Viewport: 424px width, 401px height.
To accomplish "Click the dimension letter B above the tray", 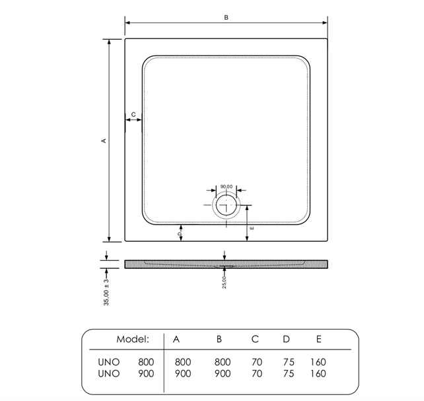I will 226,18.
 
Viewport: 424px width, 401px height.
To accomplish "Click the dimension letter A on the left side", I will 103,141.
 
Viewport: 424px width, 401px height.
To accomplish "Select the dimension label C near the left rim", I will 133,115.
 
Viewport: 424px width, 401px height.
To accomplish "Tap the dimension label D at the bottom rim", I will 179,233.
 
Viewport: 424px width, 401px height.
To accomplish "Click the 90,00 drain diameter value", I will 226,187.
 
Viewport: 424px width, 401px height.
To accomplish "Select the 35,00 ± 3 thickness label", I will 106,291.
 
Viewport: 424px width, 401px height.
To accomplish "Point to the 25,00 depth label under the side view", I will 225,281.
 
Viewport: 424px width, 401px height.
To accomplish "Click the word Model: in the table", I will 133,339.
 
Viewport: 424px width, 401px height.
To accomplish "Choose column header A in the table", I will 176,339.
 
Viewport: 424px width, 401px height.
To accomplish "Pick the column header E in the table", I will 318,339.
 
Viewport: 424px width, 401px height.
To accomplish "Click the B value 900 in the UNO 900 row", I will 223,373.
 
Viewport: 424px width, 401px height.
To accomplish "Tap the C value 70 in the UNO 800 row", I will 256,362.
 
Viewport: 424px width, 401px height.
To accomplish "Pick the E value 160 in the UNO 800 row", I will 318,362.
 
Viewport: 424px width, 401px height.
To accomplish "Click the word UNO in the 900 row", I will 108,373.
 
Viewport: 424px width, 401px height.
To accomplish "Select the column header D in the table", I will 286,339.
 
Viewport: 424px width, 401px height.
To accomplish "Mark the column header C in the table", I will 255,339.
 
